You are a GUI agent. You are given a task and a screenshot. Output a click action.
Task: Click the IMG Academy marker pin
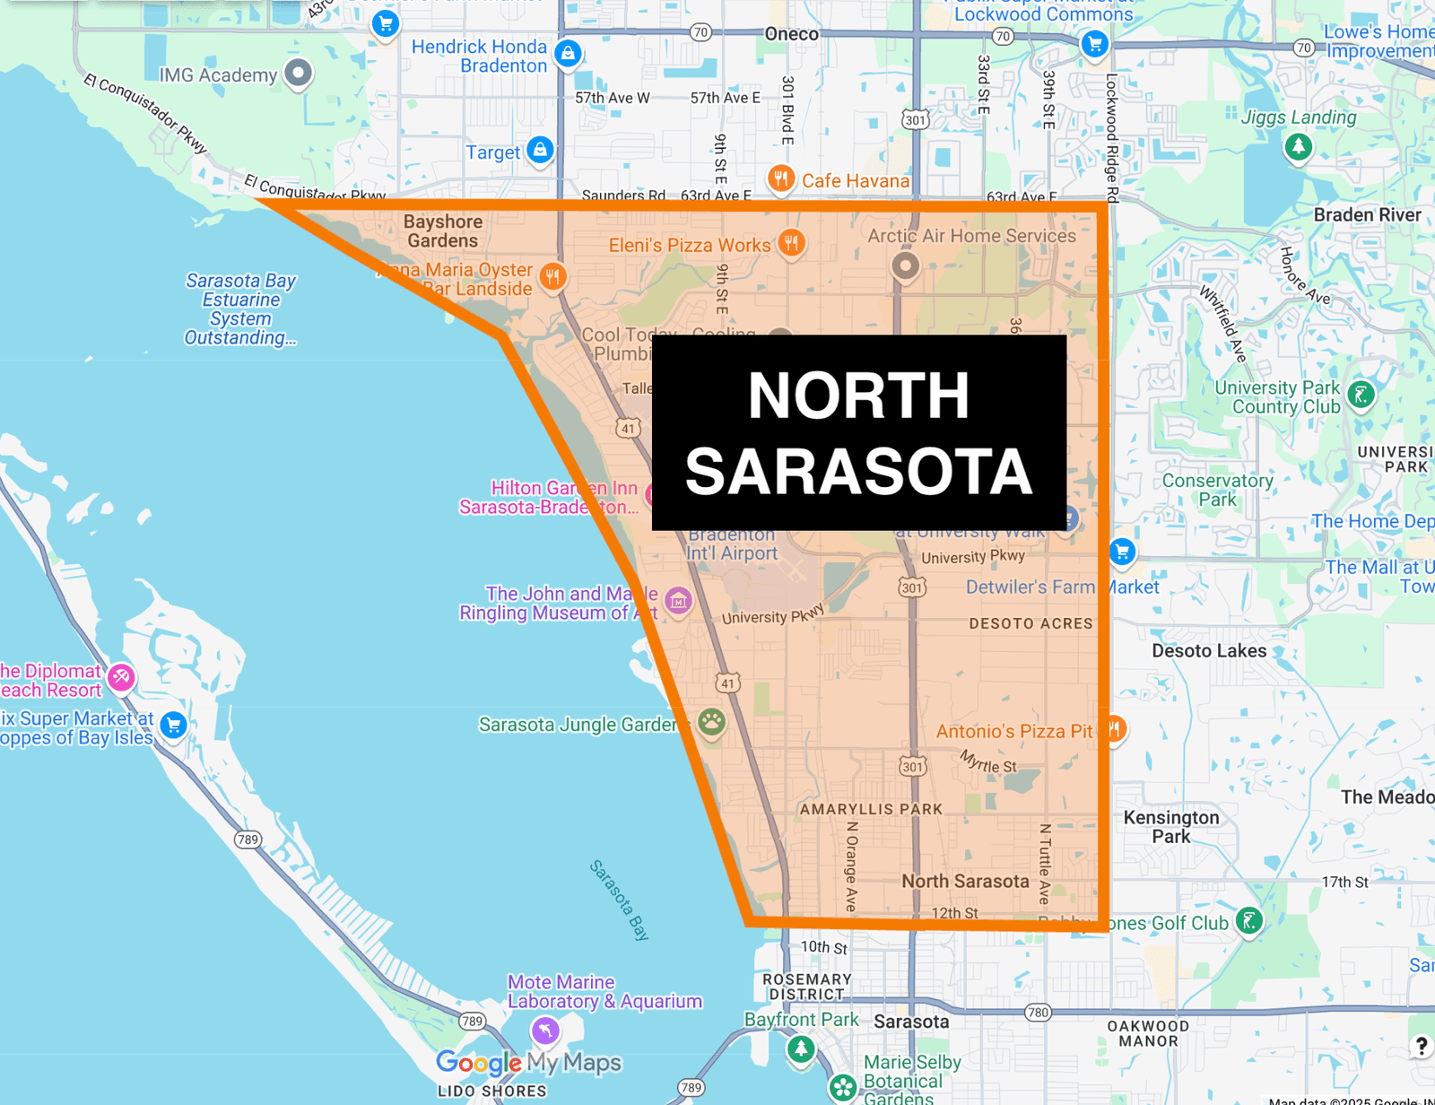[x=298, y=73]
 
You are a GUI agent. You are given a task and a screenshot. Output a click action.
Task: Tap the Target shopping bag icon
[x=540, y=150]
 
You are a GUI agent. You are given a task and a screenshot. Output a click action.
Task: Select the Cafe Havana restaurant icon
[x=781, y=178]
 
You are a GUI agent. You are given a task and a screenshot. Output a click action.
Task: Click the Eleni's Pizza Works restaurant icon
[x=791, y=242]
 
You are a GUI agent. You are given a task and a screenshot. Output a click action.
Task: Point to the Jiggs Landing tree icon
[x=1298, y=146]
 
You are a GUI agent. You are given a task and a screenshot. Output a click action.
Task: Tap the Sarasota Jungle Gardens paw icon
[x=711, y=721]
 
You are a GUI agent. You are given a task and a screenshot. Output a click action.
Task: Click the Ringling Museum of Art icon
[x=678, y=601]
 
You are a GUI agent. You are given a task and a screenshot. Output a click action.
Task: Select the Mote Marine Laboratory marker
[x=545, y=1030]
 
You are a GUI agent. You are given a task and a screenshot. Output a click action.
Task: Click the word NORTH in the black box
[x=858, y=396]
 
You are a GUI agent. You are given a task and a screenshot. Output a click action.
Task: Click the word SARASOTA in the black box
[x=858, y=472]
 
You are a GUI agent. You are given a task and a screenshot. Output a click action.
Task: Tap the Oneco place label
[x=791, y=34]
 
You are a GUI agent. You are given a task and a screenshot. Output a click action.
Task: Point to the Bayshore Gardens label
[x=442, y=231]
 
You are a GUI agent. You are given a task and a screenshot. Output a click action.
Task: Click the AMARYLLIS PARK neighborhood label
[x=871, y=809]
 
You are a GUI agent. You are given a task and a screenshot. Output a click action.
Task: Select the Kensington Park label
[x=1170, y=826]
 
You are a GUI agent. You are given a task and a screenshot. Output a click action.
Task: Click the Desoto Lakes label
[x=1208, y=651]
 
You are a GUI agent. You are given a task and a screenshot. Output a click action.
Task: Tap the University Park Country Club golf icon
[x=1361, y=395]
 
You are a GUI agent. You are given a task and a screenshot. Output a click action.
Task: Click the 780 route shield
[x=1038, y=1013]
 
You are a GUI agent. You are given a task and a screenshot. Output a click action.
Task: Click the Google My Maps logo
[x=528, y=1063]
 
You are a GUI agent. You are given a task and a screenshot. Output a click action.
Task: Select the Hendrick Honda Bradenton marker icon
[x=568, y=54]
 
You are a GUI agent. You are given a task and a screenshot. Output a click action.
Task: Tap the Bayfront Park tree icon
[x=801, y=1048]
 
